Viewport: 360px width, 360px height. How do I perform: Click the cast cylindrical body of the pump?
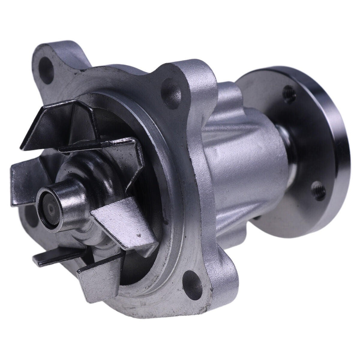pos(240,168)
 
